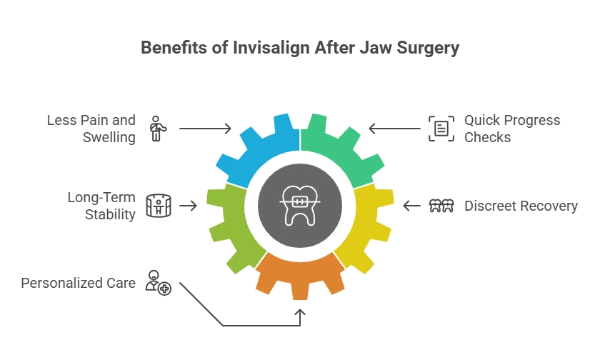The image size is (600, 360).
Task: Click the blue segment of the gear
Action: click(254, 150)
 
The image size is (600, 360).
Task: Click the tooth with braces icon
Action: click(300, 205)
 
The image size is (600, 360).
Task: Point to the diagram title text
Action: click(300, 49)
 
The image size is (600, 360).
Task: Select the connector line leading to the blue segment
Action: click(204, 129)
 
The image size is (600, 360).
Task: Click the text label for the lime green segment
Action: click(100, 206)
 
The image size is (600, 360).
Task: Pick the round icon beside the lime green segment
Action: click(157, 206)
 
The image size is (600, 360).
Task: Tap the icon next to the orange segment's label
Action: click(156, 283)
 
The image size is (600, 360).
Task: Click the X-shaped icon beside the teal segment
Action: click(442, 129)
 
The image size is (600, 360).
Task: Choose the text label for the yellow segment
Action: click(521, 206)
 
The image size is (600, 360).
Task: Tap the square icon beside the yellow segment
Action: click(442, 206)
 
